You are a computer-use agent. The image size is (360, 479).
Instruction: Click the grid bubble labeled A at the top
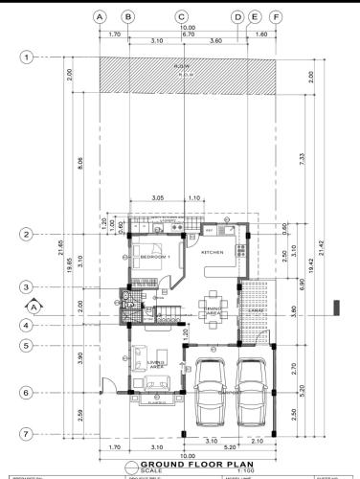[x=99, y=16]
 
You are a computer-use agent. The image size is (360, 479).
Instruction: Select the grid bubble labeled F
[x=276, y=16]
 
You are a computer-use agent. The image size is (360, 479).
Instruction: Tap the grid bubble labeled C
[x=181, y=16]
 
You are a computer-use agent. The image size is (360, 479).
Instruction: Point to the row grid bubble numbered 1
[x=28, y=57]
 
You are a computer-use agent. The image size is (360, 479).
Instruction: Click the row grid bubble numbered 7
[x=28, y=434]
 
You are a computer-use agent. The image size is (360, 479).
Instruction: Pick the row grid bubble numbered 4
[x=28, y=325]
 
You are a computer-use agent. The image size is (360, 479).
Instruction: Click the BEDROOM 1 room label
[x=155, y=258]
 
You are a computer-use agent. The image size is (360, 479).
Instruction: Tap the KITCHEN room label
[x=212, y=251]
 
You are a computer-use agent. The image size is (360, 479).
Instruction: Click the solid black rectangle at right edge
[x=337, y=307]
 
